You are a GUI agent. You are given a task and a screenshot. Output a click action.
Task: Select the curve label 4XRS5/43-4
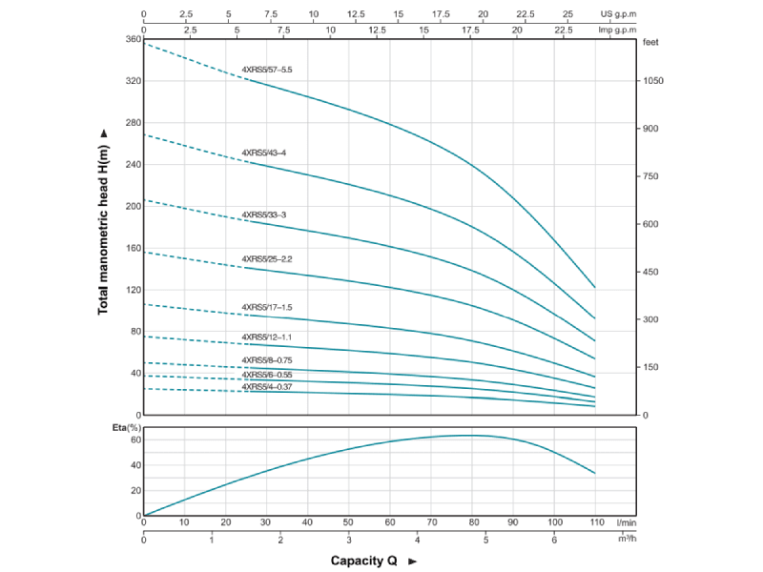[264, 153]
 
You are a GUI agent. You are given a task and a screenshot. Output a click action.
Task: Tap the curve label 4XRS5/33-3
[264, 214]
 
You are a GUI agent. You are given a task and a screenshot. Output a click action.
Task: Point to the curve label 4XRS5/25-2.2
[267, 258]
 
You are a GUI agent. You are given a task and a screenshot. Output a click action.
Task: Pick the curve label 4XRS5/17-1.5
[267, 307]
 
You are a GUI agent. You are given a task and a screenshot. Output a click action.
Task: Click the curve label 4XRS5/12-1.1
[267, 337]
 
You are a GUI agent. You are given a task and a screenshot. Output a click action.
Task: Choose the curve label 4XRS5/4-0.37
[267, 386]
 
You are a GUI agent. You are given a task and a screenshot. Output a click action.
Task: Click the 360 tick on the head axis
[133, 39]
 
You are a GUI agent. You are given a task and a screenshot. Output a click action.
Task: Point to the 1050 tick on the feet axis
[653, 81]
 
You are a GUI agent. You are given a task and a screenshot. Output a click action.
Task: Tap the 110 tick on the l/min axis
[595, 523]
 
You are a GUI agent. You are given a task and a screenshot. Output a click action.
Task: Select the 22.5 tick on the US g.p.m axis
[526, 14]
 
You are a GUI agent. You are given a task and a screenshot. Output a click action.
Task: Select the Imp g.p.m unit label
[617, 30]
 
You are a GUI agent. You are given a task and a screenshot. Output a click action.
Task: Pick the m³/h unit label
[626, 541]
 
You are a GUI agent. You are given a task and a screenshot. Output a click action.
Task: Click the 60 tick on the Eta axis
[134, 440]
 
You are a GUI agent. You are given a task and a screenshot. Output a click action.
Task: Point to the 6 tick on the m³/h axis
[554, 541]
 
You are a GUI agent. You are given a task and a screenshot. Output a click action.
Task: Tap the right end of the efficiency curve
[595, 473]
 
